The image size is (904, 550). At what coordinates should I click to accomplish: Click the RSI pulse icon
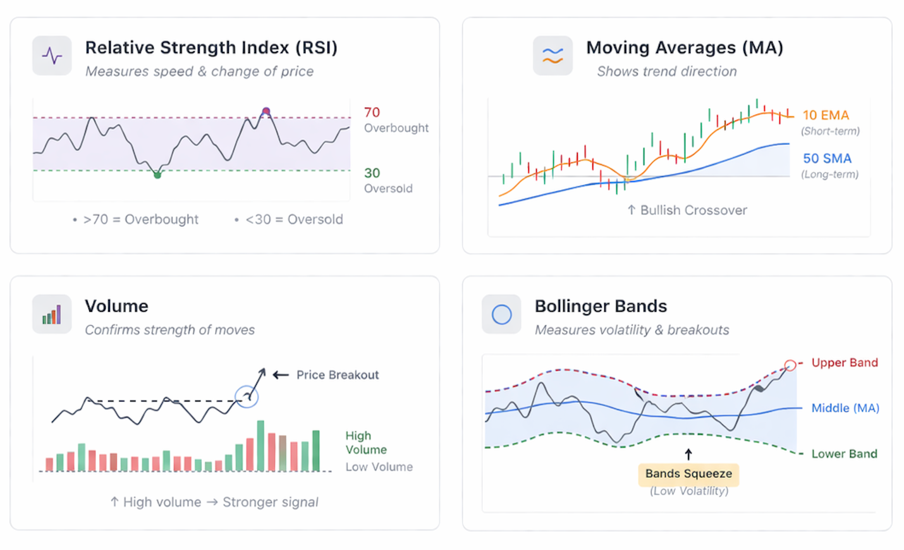point(52,56)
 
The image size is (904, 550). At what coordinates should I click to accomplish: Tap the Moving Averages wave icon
point(553,56)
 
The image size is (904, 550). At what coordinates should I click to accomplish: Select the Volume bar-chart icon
point(52,314)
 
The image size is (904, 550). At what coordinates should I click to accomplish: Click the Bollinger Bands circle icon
point(501,314)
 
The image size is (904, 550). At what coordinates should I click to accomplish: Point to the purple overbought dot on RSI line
point(266,111)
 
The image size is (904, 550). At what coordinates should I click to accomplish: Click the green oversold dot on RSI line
point(157,175)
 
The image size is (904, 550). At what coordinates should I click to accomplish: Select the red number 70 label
point(372,113)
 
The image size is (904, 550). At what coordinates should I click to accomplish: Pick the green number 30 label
point(372,173)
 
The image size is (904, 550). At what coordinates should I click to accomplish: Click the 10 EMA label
point(826,115)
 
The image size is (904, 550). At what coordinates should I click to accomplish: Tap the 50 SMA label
point(827,159)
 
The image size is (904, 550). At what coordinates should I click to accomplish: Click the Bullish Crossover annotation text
point(693,211)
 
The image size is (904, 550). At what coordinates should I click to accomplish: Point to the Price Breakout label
point(338,375)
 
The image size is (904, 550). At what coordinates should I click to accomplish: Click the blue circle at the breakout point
point(247,396)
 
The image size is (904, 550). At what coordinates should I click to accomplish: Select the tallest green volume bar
point(260,446)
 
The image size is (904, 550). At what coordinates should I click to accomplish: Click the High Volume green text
point(365,443)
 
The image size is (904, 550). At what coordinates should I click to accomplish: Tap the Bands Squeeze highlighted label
point(688,474)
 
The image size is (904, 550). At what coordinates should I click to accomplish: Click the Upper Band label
point(845,363)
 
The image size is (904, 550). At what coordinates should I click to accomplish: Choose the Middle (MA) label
point(845,408)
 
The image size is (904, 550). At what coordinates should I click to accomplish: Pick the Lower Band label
point(844,454)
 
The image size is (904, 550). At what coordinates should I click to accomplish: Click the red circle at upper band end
point(790,365)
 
